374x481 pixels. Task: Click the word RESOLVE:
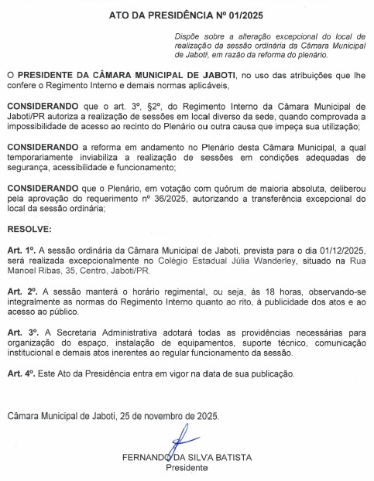(30, 230)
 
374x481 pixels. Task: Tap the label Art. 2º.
(21, 289)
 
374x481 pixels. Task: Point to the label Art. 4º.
(21, 374)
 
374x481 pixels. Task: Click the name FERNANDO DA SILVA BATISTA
(187, 457)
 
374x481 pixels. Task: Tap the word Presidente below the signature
(187, 468)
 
